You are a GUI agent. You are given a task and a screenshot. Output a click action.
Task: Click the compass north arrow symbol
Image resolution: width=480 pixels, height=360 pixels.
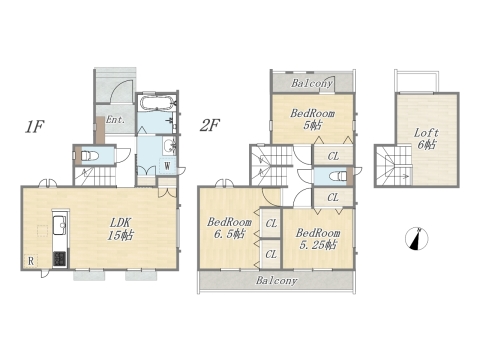pyautogui.click(x=417, y=239)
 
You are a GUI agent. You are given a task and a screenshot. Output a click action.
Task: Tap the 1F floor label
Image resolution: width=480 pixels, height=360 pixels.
pyautogui.click(x=34, y=127)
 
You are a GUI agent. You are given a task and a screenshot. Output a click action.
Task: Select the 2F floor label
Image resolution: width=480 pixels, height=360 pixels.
pyautogui.click(x=209, y=126)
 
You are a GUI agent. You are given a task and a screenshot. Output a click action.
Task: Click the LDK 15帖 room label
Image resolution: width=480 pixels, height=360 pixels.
pyautogui.click(x=120, y=229)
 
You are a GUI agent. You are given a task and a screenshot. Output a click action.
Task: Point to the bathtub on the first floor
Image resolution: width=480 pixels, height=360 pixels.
pyautogui.click(x=156, y=102)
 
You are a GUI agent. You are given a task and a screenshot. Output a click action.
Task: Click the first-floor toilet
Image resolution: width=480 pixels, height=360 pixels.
pyautogui.click(x=89, y=156)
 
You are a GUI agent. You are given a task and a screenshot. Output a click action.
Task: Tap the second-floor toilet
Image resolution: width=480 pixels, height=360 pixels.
pyautogui.click(x=338, y=176)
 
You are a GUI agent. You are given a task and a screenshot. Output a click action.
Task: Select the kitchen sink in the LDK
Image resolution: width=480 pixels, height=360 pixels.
pyautogui.click(x=60, y=225)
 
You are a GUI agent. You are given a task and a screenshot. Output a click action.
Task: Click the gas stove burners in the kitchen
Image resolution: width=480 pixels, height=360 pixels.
pyautogui.click(x=60, y=259)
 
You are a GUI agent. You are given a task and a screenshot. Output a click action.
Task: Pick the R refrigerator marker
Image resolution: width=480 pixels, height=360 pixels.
pyautogui.click(x=31, y=261)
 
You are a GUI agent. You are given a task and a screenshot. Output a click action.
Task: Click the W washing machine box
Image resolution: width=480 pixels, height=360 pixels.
pyautogui.click(x=167, y=166)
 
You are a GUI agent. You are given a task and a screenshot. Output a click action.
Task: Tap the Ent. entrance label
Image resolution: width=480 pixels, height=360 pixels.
pyautogui.click(x=115, y=120)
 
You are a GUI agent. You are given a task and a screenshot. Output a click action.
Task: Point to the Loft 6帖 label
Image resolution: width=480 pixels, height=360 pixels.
pyautogui.click(x=426, y=139)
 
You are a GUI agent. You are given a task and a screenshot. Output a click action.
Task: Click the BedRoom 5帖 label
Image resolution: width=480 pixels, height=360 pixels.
pyautogui.click(x=312, y=119)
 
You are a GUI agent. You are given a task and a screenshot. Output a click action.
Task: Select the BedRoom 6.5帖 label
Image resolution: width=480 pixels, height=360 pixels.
pyautogui.click(x=229, y=228)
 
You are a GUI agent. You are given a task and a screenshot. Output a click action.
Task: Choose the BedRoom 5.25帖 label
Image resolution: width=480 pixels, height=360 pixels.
pyautogui.click(x=318, y=239)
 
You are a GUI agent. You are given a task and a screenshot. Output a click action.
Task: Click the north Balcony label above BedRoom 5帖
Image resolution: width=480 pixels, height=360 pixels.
pyautogui.click(x=312, y=83)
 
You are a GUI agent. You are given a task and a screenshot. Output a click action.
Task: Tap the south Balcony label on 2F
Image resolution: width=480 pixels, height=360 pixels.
pyautogui.click(x=276, y=281)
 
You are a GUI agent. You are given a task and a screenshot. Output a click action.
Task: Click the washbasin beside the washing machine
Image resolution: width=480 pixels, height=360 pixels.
pyautogui.click(x=170, y=145)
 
